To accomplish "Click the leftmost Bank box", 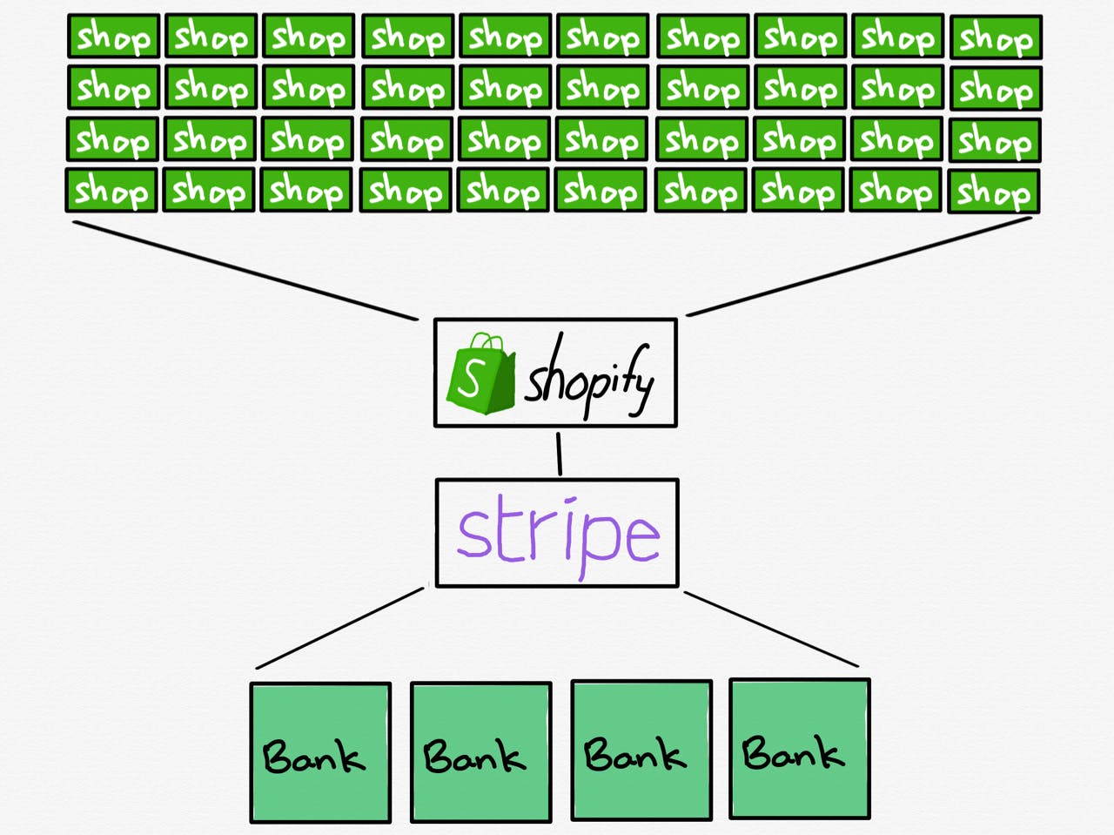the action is tap(320, 752).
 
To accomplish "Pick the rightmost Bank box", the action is tap(800, 749).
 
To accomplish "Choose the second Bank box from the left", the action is tap(481, 751).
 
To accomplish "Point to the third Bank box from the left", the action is tap(641, 751).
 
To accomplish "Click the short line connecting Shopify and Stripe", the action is tap(559, 455).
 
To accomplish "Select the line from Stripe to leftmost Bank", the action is tap(339, 629).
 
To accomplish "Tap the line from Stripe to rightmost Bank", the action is tap(771, 629).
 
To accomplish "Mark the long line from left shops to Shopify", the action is tap(245, 271).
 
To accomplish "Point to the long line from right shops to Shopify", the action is tap(859, 267).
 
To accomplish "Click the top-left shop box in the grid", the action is tap(114, 36).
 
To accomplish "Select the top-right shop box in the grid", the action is tap(996, 37).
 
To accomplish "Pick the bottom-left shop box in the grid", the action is tap(111, 191).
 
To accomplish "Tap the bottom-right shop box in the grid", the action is tap(993, 192).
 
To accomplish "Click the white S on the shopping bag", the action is tap(468, 378).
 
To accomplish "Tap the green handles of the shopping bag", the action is tap(487, 342).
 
